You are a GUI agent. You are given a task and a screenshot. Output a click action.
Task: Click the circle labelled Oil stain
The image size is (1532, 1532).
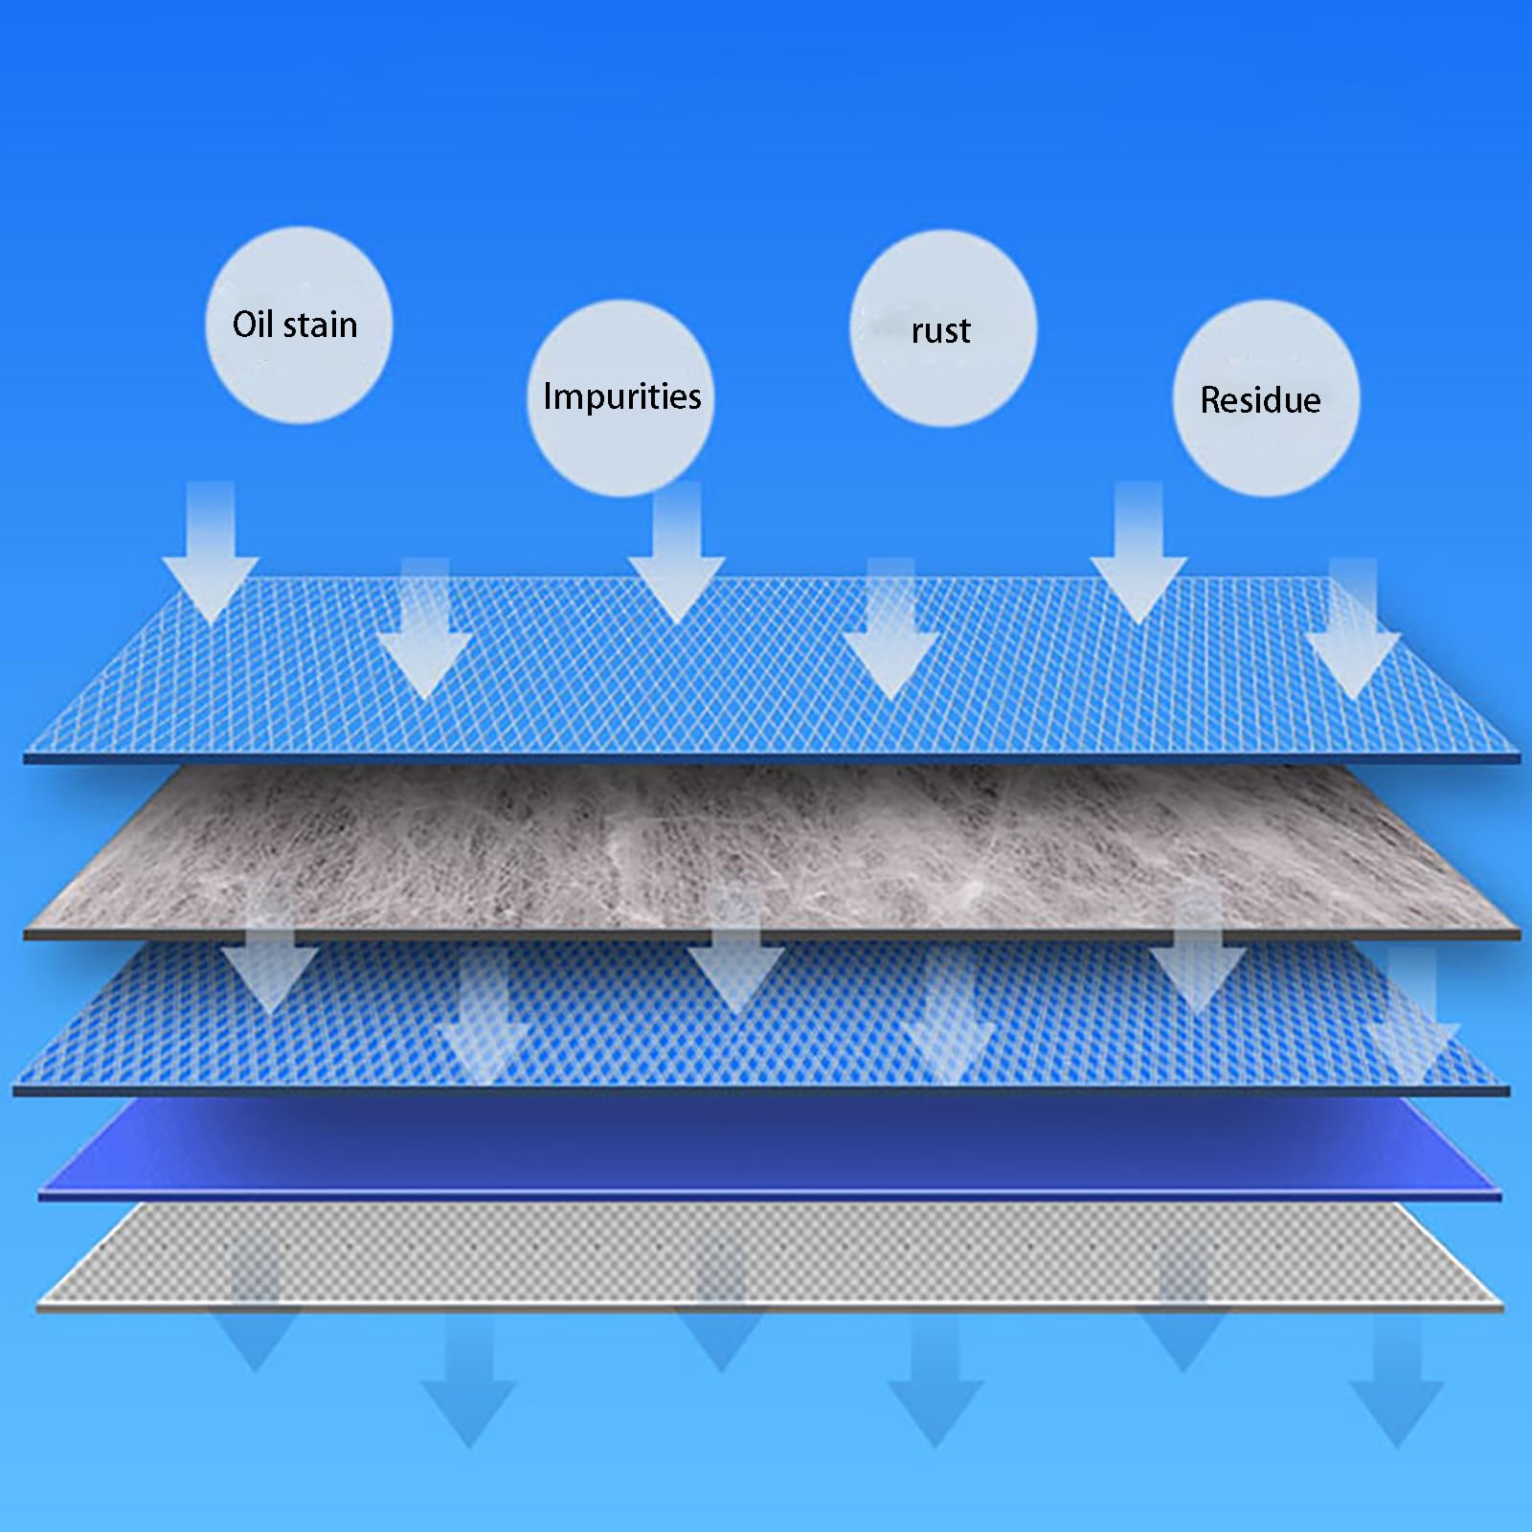tap(299, 325)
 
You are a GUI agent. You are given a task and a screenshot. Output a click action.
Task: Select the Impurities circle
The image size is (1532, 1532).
tap(620, 397)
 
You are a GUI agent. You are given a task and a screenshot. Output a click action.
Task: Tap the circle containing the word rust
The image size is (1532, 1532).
tap(943, 328)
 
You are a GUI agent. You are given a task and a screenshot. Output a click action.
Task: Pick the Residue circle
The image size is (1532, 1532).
tap(1266, 397)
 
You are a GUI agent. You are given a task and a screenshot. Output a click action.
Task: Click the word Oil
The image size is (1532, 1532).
tap(253, 324)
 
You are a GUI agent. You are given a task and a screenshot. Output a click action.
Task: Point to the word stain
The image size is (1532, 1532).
tap(321, 325)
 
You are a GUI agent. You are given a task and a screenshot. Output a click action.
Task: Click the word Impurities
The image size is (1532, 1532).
tap(622, 396)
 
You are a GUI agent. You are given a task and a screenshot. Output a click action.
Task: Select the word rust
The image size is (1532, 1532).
tap(941, 331)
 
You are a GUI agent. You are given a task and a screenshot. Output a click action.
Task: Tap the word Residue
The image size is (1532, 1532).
tap(1260, 400)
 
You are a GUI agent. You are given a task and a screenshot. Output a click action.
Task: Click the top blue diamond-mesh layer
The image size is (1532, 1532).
tap(771, 670)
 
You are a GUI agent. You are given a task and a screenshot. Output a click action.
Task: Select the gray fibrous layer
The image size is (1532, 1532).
tap(771, 847)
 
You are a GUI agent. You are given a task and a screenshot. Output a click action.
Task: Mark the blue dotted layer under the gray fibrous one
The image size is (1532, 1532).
tap(761, 1015)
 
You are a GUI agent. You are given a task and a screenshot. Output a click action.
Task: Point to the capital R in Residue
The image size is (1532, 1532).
tap(1211, 400)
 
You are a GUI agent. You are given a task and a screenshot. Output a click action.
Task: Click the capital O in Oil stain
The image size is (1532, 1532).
tap(246, 325)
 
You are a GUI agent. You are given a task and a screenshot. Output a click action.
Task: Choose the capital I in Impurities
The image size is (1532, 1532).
tap(547, 395)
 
